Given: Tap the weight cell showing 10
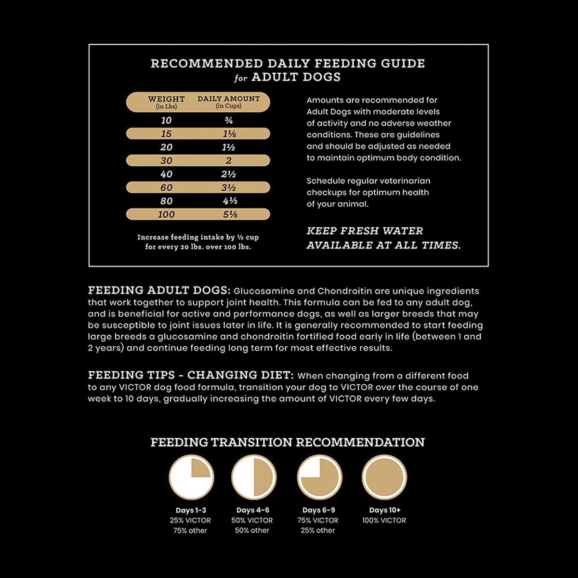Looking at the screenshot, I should pyautogui.click(x=166, y=120).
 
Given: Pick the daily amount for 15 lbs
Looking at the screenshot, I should pyautogui.click(x=229, y=134).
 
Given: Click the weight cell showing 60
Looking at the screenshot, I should pyautogui.click(x=166, y=188).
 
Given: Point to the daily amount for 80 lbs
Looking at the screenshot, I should pyautogui.click(x=229, y=201).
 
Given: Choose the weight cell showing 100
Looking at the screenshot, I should pyautogui.click(x=166, y=215).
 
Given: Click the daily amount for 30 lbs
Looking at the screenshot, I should pyautogui.click(x=229, y=161).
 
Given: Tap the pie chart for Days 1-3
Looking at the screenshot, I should pyautogui.click(x=191, y=478).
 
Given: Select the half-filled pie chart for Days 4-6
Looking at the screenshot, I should pyautogui.click(x=254, y=478).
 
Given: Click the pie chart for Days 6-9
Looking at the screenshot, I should pyautogui.click(x=319, y=478).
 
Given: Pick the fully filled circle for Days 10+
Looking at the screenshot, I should pyautogui.click(x=384, y=478).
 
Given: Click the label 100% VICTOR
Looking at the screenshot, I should pyautogui.click(x=384, y=521).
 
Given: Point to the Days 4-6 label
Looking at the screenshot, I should pyautogui.click(x=253, y=510).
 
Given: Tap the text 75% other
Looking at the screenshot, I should pyautogui.click(x=190, y=531).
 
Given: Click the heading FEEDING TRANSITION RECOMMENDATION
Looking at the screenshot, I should pyautogui.click(x=288, y=442).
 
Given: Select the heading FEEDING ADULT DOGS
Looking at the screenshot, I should pyautogui.click(x=159, y=290).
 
